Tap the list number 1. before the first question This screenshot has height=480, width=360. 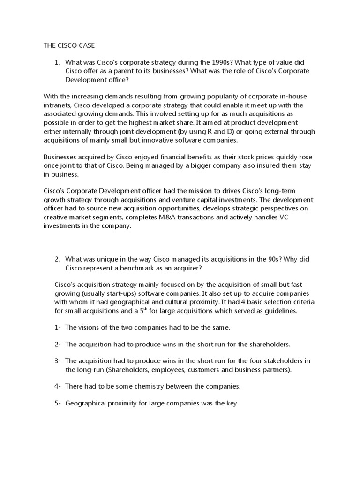click(x=57, y=62)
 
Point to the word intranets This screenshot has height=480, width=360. click(x=52, y=105)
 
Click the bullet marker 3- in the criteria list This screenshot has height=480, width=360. click(x=58, y=360)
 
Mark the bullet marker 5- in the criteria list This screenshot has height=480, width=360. click(x=58, y=403)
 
